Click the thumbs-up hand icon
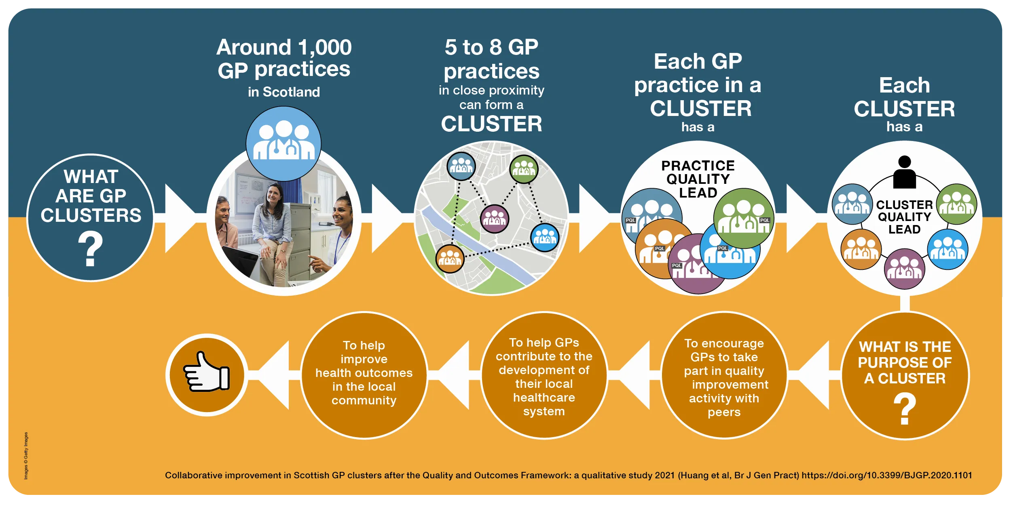[207, 372]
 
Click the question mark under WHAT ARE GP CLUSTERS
[90, 249]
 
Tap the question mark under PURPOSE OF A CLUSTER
[905, 409]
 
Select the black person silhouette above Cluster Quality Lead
[904, 173]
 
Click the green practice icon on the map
[524, 169]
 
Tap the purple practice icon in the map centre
[494, 219]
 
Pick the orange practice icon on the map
[450, 258]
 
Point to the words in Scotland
[284, 92]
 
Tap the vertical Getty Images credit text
[26, 456]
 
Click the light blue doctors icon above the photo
[283, 143]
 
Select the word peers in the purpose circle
[724, 412]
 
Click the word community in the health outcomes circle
[364, 400]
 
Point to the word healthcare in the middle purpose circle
[544, 398]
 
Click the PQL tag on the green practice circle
[765, 220]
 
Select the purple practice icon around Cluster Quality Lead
[904, 269]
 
